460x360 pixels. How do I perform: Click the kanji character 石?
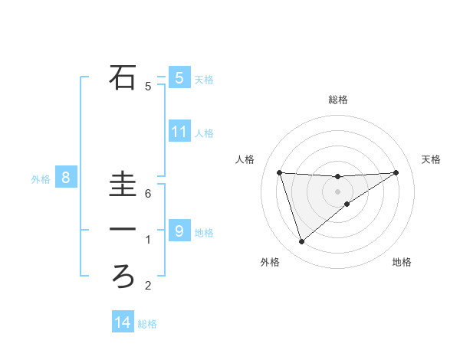pyautogui.click(x=123, y=77)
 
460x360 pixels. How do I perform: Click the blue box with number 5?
pyautogui.click(x=179, y=77)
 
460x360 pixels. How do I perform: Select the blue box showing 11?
pyautogui.click(x=179, y=132)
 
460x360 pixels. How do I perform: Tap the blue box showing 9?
pyautogui.click(x=179, y=231)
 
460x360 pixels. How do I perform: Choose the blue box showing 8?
pyautogui.click(x=66, y=178)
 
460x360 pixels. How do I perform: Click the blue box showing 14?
pyautogui.click(x=123, y=322)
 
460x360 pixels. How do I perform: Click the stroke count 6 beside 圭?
pyautogui.click(x=148, y=194)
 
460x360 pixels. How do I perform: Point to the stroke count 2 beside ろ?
pyautogui.click(x=148, y=286)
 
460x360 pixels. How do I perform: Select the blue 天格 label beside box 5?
pyautogui.click(x=204, y=79)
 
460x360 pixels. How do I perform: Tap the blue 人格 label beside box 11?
pyautogui.click(x=204, y=133)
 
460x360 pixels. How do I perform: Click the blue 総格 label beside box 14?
pyautogui.click(x=147, y=324)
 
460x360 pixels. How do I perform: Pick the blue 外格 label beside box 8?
pyautogui.click(x=41, y=180)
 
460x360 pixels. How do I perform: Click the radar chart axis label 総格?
pyautogui.click(x=338, y=100)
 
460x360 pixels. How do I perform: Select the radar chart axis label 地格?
pyautogui.click(x=402, y=262)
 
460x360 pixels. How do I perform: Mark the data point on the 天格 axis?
pyautogui.click(x=396, y=172)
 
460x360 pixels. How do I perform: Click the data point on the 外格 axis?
pyautogui.click(x=301, y=242)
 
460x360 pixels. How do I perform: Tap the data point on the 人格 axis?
pyautogui.click(x=279, y=172)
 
